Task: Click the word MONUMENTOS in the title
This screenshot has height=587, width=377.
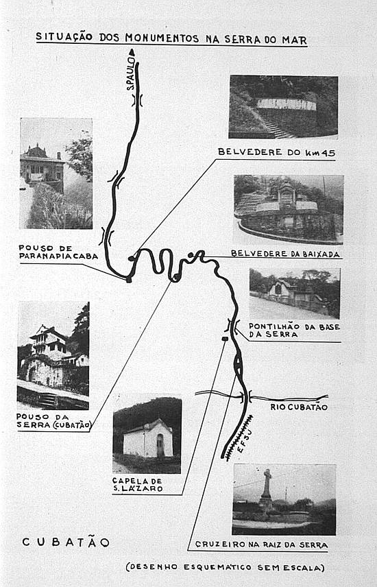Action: tap(162, 38)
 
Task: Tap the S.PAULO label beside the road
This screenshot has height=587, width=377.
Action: tap(130, 73)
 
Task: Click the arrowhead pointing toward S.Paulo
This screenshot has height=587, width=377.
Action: tap(132, 52)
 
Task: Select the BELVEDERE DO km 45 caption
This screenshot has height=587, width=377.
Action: tap(276, 152)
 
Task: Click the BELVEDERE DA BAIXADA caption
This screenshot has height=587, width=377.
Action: tap(285, 254)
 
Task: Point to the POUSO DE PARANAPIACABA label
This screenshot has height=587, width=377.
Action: tap(58, 252)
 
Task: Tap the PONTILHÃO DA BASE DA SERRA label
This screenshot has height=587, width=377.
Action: tap(294, 331)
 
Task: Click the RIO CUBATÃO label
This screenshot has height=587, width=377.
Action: tap(299, 407)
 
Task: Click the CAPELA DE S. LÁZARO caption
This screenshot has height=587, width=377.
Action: tap(137, 484)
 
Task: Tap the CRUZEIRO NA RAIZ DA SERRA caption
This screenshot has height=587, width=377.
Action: tap(261, 544)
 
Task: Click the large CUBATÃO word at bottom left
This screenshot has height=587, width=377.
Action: tap(66, 542)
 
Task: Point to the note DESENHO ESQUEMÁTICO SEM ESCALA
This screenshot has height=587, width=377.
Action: tap(225, 568)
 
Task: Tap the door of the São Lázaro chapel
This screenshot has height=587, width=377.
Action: tap(160, 446)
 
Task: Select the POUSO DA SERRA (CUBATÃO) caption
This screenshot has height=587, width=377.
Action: tap(54, 421)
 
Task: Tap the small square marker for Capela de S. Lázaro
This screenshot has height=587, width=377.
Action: tap(225, 339)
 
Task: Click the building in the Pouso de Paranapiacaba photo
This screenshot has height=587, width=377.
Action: tap(42, 165)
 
